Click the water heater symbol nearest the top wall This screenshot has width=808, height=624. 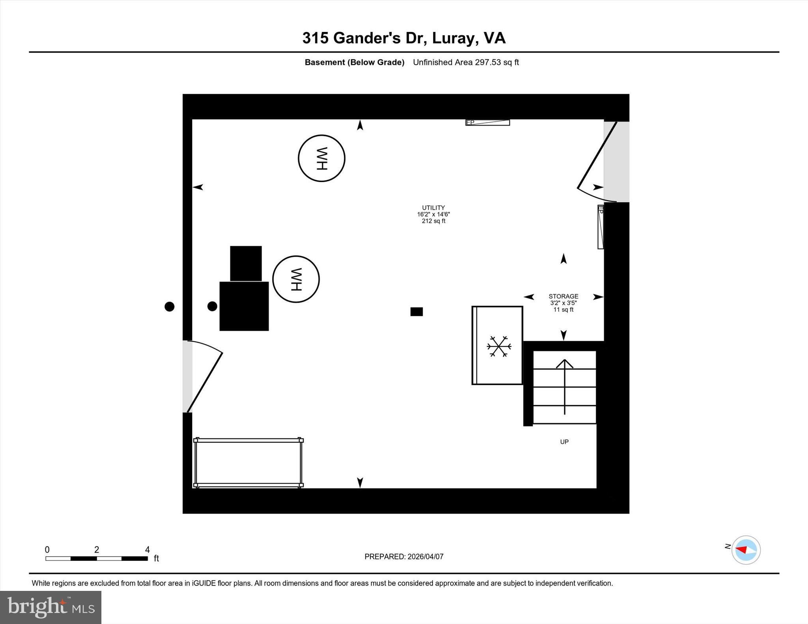[321, 158]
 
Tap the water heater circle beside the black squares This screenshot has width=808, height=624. [296, 279]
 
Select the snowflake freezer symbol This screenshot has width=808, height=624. [499, 346]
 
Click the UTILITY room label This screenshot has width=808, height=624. [433, 208]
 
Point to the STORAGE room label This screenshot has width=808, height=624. [563, 296]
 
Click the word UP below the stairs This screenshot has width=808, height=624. [564, 442]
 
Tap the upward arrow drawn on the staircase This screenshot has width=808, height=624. [565, 386]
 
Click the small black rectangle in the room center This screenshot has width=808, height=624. [417, 312]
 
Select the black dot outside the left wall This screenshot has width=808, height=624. [169, 306]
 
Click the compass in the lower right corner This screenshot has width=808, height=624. [746, 550]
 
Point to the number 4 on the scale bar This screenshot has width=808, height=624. [147, 549]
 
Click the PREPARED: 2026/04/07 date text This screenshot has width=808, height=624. [404, 557]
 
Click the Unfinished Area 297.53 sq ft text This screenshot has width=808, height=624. [466, 62]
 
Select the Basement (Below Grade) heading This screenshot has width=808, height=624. [354, 62]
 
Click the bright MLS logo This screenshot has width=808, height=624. [50, 607]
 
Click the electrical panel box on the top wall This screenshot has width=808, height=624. [488, 123]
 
